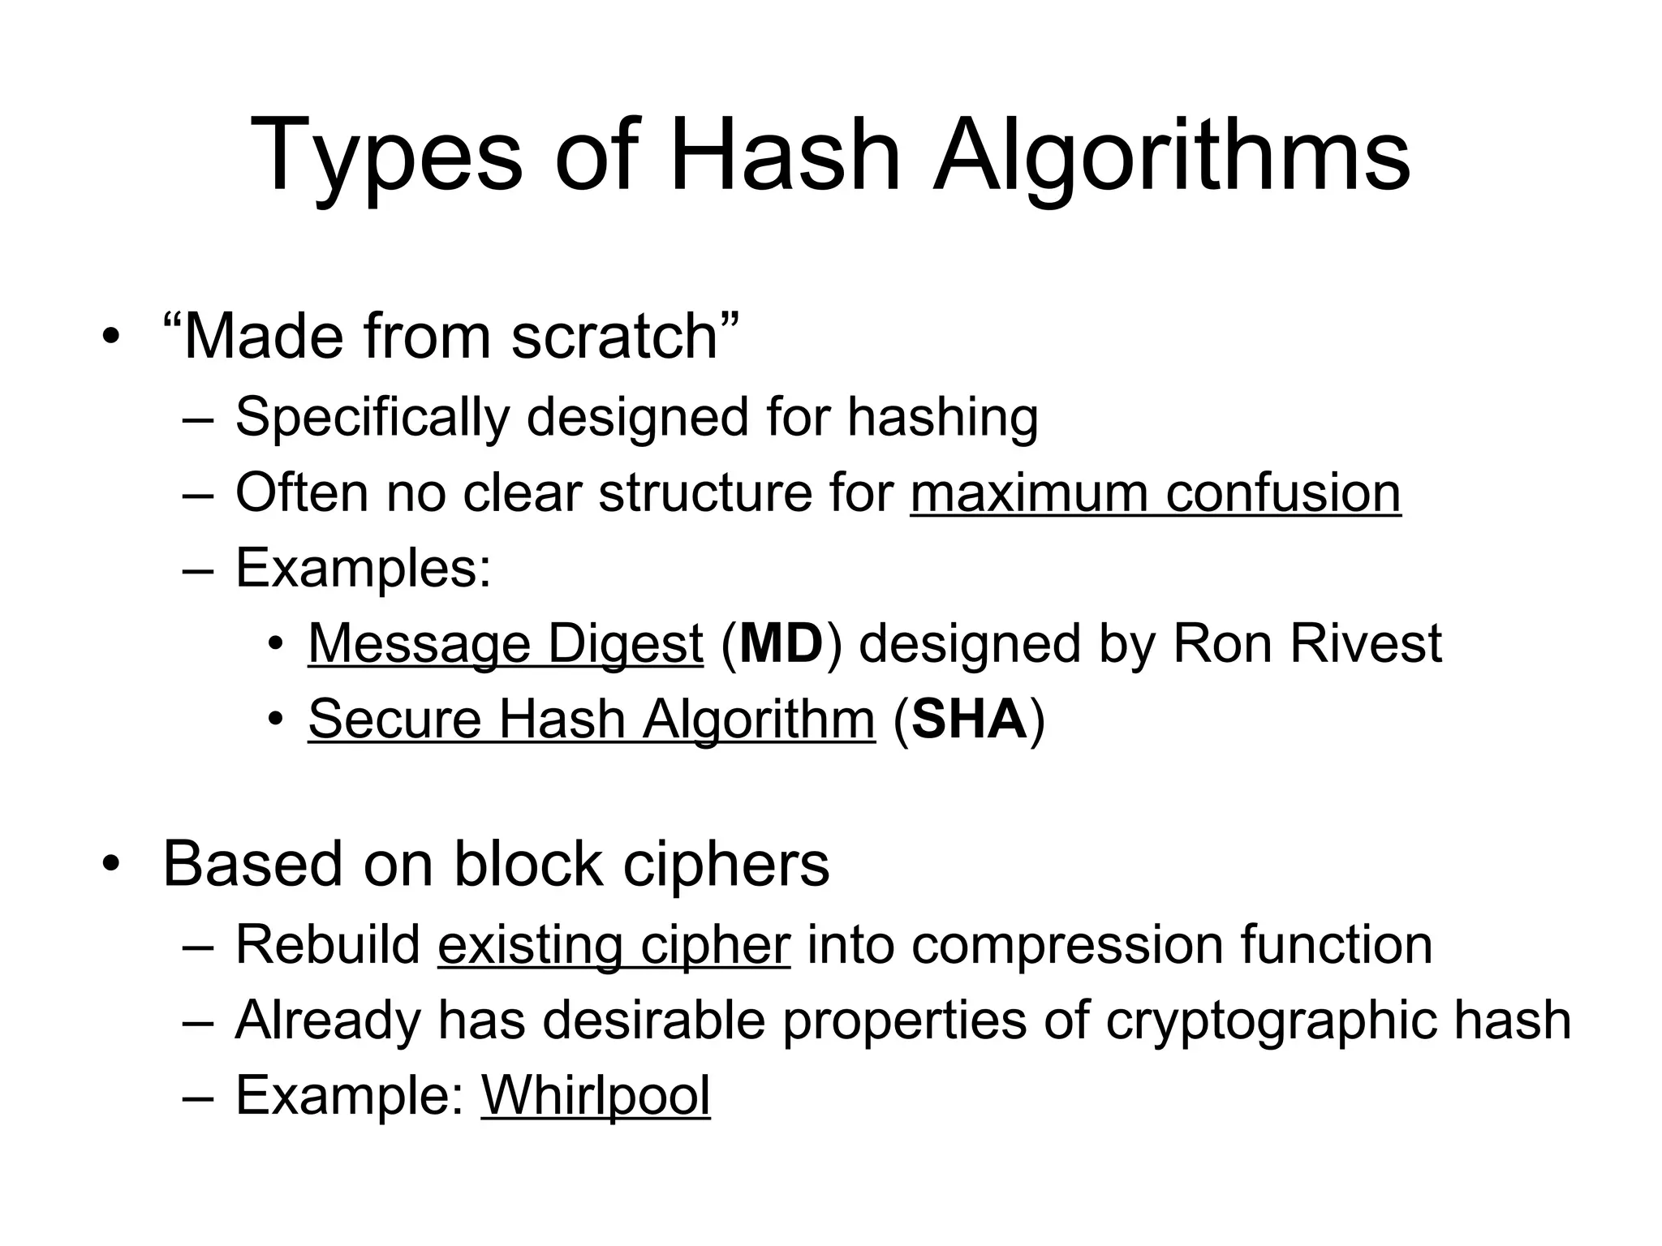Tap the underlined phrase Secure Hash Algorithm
pyautogui.click(x=592, y=719)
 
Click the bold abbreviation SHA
pyautogui.click(x=969, y=719)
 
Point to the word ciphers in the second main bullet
pyautogui.click(x=726, y=864)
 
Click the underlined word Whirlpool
pyautogui.click(x=596, y=1095)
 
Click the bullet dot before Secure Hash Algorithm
pyautogui.click(x=276, y=720)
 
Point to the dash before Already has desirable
pyautogui.click(x=197, y=1020)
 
